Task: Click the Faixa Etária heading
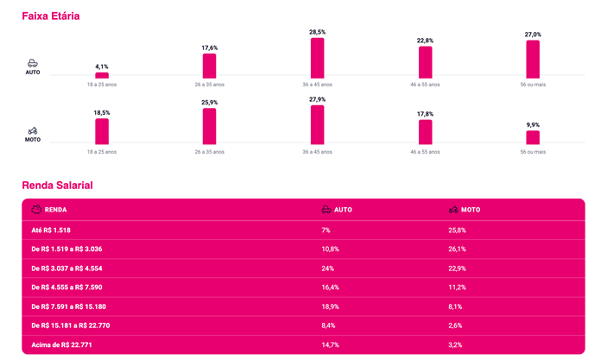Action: (51, 16)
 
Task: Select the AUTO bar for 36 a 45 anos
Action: (318, 58)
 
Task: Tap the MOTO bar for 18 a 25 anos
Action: (102, 131)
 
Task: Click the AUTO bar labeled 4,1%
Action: (102, 75)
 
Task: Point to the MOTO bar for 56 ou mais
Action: (533, 137)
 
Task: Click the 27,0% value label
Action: (533, 35)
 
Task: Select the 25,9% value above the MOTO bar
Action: (210, 103)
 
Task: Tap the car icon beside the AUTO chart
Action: (33, 63)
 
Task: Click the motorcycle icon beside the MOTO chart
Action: (33, 131)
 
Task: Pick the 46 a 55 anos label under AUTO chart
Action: (425, 85)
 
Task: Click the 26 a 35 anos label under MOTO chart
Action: (210, 152)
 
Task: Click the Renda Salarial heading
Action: (57, 186)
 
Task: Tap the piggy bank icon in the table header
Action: (36, 210)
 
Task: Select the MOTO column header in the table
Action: (471, 210)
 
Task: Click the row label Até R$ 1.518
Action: (51, 231)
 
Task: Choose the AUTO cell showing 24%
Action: (327, 268)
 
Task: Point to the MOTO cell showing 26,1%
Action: (457, 249)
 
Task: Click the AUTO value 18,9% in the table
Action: (330, 306)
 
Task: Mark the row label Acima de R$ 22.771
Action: (61, 345)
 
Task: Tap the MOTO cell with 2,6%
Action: (455, 325)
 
